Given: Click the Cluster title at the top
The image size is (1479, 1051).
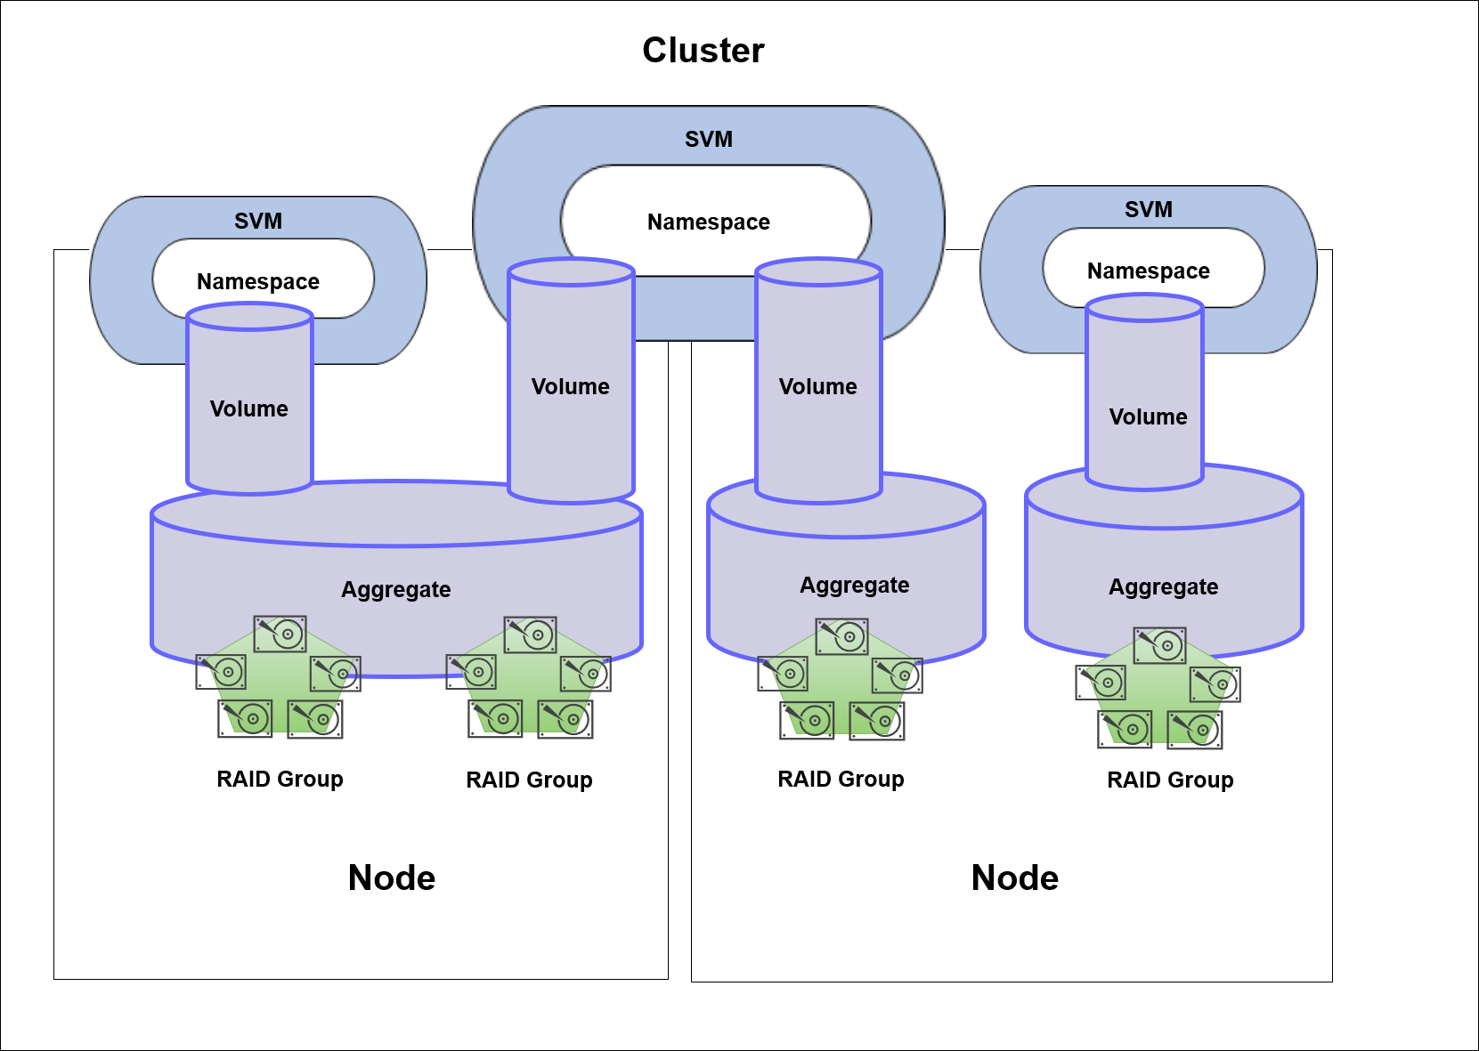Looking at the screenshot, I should [703, 51].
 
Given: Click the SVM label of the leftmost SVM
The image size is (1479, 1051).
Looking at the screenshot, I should [258, 221].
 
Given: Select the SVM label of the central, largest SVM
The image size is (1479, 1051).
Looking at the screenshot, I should [709, 139].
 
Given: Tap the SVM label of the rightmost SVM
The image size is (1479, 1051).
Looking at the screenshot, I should [1148, 209].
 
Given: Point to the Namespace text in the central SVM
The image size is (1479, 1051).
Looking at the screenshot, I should [709, 222].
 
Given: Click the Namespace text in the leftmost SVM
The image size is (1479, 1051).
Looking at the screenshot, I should [258, 281].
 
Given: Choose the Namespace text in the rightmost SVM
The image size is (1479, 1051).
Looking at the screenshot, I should [1148, 271].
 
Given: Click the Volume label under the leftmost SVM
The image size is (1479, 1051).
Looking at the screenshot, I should [249, 408].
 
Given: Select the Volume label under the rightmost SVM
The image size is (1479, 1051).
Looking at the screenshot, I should [1148, 416].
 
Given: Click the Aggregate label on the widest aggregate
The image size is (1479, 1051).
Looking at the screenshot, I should [396, 589].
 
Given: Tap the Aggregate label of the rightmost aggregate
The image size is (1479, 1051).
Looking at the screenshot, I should [1163, 586].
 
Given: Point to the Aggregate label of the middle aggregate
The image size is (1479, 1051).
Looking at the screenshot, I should [854, 585].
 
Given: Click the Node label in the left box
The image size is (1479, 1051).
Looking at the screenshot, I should [392, 877].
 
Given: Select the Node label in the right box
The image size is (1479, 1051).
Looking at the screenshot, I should [1015, 877].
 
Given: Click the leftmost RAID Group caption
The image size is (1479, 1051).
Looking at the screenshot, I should [280, 779].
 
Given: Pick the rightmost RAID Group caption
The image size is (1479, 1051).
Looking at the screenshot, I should [1170, 780].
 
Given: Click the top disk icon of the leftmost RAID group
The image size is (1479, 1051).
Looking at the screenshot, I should [280, 634].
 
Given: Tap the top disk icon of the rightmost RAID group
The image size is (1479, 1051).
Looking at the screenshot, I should [1159, 645].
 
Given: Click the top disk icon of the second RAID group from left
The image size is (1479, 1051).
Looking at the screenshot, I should [531, 635].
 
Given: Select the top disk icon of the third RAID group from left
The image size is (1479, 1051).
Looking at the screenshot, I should [842, 636].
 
